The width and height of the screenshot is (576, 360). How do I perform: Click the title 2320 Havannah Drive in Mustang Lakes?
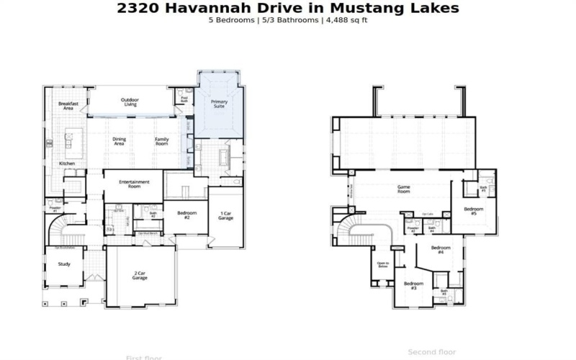point(287,9)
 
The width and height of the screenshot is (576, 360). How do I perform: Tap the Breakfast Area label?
point(68,106)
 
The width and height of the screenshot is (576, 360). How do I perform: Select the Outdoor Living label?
point(130,102)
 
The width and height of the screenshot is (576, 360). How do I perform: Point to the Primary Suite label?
point(219,104)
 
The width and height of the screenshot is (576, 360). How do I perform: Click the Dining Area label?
point(119,142)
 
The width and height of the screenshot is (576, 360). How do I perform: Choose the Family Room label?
point(162,142)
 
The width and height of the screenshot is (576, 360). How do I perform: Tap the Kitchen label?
point(66,163)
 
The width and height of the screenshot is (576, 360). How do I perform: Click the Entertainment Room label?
point(134,184)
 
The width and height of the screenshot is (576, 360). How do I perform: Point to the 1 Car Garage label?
point(225,215)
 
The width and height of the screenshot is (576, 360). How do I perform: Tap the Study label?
point(64,264)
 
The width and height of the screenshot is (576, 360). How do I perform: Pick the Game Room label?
point(403,190)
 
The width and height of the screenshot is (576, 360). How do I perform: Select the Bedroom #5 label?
point(474,211)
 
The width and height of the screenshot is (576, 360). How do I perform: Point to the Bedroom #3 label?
point(413,285)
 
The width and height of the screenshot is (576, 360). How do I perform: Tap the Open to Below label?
point(383,264)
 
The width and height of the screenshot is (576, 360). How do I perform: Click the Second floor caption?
point(432,352)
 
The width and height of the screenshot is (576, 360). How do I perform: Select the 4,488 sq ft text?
point(347,20)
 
